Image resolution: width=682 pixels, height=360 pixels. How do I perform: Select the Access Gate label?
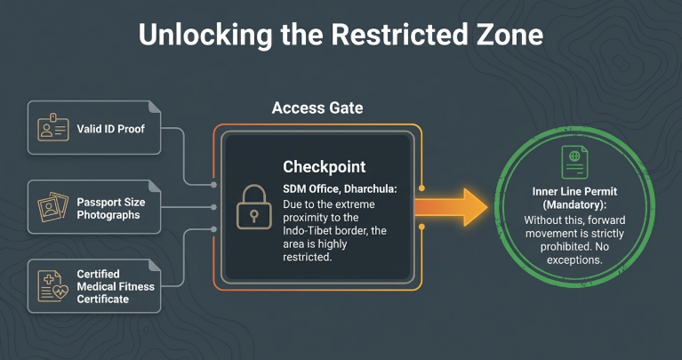(x=317, y=108)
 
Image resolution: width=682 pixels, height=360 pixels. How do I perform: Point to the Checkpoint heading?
(x=324, y=167)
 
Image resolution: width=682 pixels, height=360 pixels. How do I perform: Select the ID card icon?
(x=52, y=128)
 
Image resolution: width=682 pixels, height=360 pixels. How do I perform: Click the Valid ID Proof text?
(x=110, y=129)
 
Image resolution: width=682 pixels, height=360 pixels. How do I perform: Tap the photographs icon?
(x=52, y=208)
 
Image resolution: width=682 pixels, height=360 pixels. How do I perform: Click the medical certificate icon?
(x=52, y=286)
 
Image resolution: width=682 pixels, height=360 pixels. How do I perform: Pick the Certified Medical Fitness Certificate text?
(x=115, y=286)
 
